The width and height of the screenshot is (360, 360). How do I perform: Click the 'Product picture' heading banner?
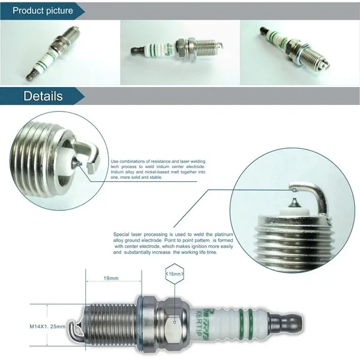42,10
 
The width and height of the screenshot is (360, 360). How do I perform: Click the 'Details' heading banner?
42,96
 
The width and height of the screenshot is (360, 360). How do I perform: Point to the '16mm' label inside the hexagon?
174,273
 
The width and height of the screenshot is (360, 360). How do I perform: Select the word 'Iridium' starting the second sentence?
118,172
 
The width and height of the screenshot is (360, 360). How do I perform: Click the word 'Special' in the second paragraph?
122,234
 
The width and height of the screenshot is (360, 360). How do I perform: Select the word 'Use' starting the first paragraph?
115,161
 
